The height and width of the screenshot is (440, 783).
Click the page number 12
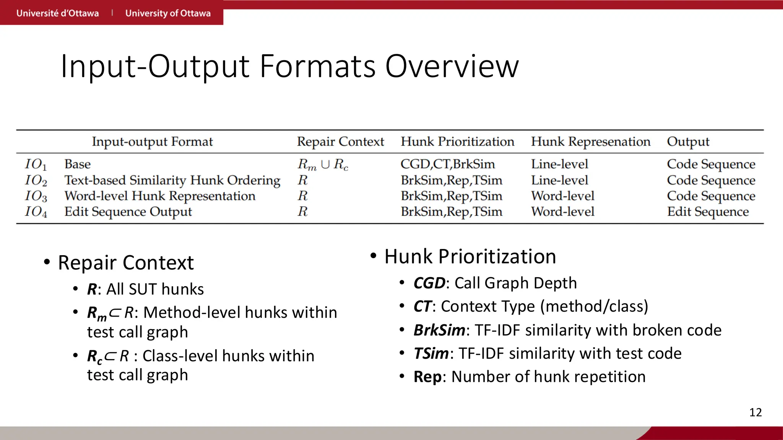pos(755,412)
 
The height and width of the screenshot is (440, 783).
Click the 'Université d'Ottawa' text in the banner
pos(57,13)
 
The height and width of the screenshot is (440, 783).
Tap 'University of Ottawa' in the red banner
pos(168,13)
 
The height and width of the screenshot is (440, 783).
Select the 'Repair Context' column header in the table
pos(340,142)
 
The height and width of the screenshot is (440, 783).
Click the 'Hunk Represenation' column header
pos(590,142)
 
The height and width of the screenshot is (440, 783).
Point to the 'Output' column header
pos(688,142)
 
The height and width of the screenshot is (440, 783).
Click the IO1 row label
pos(36,165)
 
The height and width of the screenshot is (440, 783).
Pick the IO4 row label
pos(36,212)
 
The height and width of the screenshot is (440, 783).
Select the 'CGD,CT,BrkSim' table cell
pos(447,164)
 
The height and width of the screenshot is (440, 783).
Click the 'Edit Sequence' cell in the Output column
pos(708,212)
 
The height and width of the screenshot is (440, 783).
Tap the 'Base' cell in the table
pos(78,164)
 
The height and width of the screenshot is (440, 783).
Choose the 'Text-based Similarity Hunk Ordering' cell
pos(172,180)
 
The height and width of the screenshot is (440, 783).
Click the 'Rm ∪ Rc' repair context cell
pos(323,165)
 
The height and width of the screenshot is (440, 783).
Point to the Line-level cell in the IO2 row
pos(559,180)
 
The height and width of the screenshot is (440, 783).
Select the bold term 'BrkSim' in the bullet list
pos(439,330)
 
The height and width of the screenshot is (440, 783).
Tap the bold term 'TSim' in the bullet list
pos(431,354)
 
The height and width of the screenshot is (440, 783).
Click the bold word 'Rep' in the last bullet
pos(427,377)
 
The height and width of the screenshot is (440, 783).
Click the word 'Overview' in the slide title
pos(452,66)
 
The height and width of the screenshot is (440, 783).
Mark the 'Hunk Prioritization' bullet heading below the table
pos(470,256)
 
